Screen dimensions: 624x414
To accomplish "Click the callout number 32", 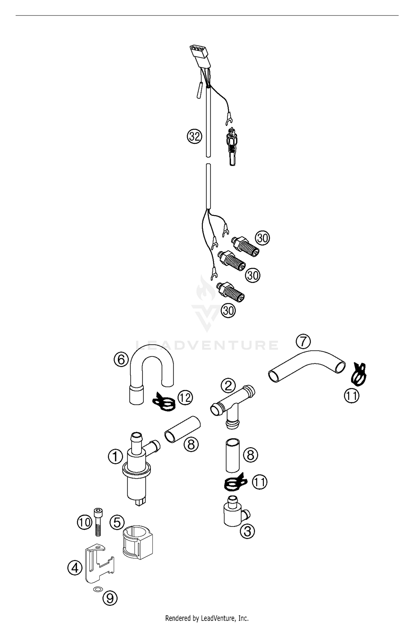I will [195, 136].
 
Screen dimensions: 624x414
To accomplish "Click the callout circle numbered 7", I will [303, 342].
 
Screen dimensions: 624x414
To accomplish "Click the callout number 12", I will [185, 398].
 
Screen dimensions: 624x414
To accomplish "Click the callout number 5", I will [117, 523].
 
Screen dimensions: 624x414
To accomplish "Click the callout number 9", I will [110, 598].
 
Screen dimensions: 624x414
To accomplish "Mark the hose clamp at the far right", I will [359, 375].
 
